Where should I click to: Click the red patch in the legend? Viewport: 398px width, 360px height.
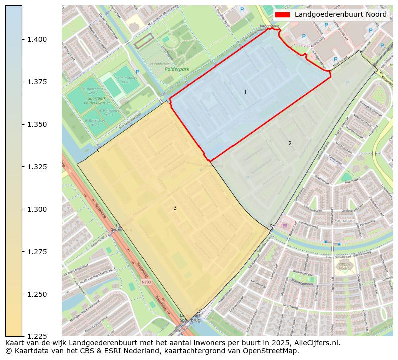point(283,15)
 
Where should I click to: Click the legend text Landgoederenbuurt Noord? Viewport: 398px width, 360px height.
point(340,15)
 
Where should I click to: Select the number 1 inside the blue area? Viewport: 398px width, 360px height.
point(245,93)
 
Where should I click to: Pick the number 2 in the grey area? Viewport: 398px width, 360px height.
point(290,144)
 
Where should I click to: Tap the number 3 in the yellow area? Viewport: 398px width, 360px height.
point(175,208)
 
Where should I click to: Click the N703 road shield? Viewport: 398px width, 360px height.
point(146,282)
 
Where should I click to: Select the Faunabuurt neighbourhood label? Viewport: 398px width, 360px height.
point(345,220)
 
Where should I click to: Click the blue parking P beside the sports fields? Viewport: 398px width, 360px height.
point(137,72)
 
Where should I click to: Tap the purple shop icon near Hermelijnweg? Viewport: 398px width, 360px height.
point(285,226)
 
